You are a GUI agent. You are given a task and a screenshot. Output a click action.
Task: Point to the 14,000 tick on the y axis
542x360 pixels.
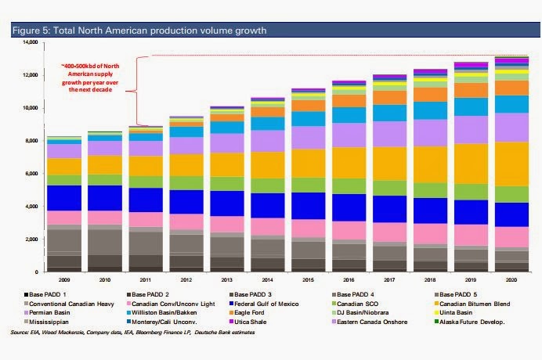tap(31, 42)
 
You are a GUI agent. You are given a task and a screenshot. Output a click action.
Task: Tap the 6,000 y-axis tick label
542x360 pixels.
tap(31, 174)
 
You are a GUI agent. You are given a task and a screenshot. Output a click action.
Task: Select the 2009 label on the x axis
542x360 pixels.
tap(64, 280)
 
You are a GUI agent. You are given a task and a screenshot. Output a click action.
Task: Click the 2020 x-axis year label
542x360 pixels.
tap(511, 280)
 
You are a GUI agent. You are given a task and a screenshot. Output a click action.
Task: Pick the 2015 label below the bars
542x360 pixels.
tap(308, 280)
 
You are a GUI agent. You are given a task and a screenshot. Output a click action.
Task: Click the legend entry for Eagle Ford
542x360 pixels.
tap(247, 313)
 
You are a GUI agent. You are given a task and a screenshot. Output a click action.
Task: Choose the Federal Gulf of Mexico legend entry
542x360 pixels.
tap(264, 304)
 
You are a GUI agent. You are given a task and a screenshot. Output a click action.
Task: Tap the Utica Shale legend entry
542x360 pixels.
tap(248, 322)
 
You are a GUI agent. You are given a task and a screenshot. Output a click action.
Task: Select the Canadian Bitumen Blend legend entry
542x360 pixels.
tap(472, 304)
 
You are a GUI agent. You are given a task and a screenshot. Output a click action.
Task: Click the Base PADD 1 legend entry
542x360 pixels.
tap(45, 295)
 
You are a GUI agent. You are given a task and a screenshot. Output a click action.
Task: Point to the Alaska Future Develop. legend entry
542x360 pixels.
tap(470, 322)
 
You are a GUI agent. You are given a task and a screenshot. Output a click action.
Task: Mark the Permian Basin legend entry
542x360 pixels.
tap(47, 313)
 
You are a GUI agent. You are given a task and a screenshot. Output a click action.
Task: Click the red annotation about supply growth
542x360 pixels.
tap(90, 77)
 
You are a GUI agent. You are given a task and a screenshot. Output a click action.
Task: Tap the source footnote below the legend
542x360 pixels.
tap(132, 333)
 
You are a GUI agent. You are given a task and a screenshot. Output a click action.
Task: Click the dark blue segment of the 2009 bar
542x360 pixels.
tap(64, 198)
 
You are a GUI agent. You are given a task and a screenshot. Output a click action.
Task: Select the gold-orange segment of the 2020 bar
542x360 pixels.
tap(511, 164)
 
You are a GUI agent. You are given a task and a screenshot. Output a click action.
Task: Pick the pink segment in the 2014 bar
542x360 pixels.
tap(268, 227)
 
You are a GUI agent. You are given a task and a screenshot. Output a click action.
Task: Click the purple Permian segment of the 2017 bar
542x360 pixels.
tap(389, 134)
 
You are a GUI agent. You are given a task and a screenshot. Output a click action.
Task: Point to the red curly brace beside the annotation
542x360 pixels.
tap(137, 91)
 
